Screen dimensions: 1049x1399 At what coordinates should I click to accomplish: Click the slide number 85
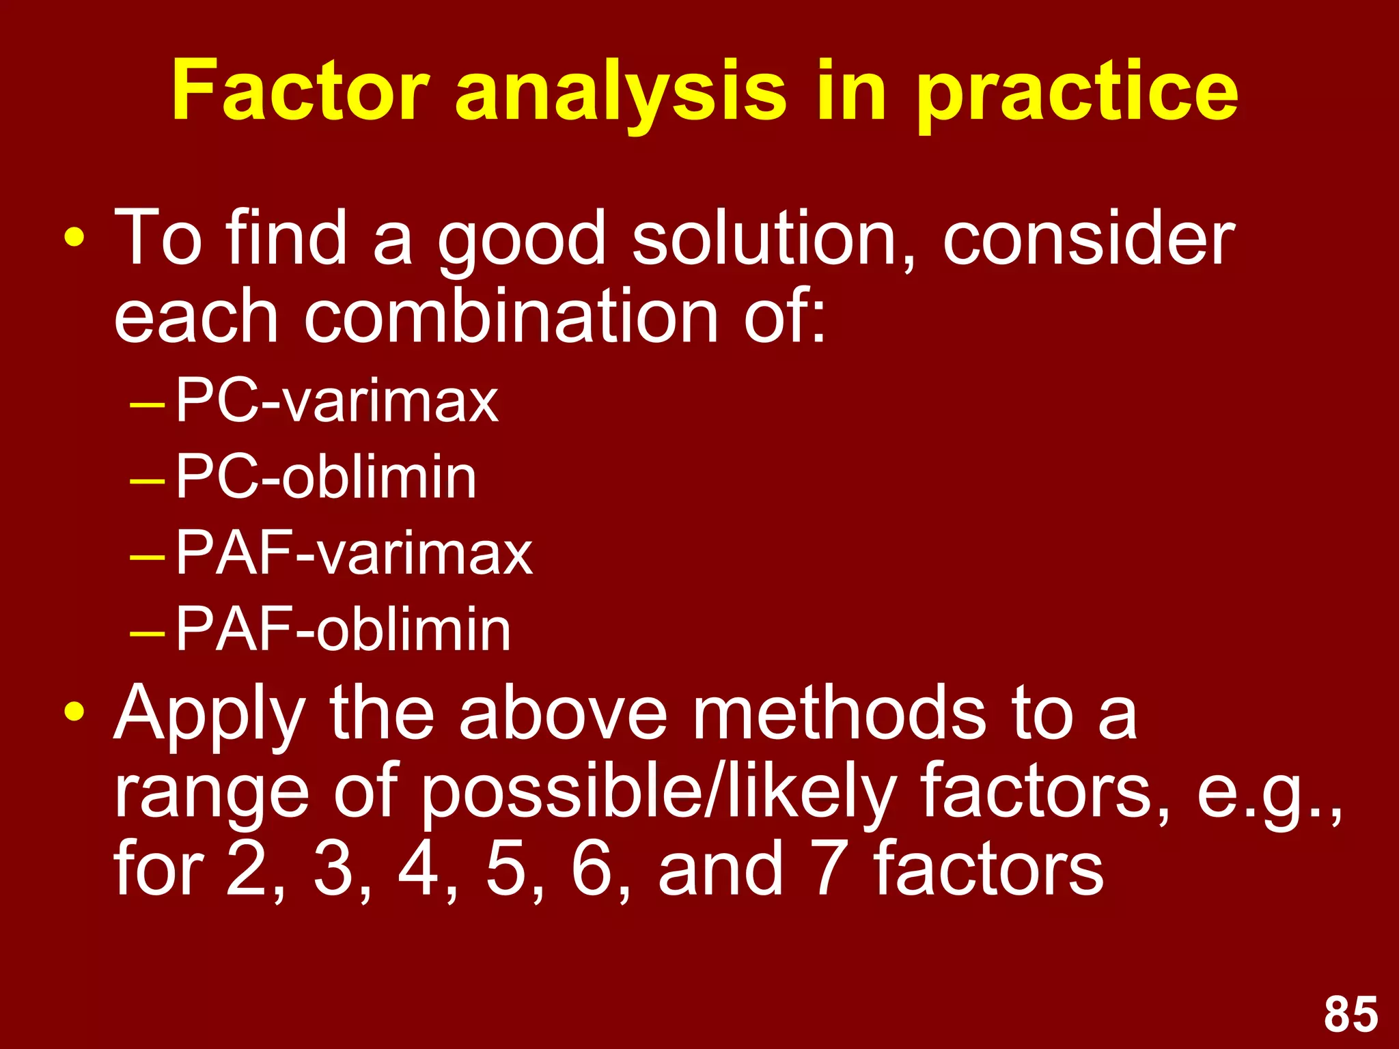[x=1350, y=1014]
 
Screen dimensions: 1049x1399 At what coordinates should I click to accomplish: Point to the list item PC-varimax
[x=337, y=401]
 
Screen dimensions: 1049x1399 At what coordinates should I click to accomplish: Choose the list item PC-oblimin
[x=326, y=477]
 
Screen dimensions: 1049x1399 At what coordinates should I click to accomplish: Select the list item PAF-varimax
[x=354, y=553]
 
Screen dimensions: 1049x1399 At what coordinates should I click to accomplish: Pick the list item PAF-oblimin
[x=343, y=630]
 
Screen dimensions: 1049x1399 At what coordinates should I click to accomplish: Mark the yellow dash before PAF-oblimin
[x=147, y=633]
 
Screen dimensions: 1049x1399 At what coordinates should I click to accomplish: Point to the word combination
[x=510, y=316]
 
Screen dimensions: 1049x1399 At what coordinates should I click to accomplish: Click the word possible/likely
[x=657, y=792]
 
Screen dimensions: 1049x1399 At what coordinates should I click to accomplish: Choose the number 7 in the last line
[x=829, y=869]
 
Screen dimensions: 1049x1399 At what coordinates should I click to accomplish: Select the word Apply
[x=209, y=714]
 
